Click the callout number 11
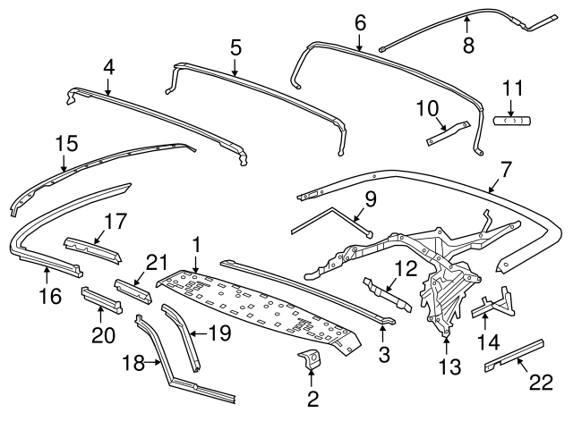click(x=511, y=88)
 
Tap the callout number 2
click(x=312, y=399)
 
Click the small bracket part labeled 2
click(x=311, y=361)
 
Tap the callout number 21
click(x=157, y=262)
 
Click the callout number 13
click(x=446, y=366)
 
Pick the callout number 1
click(x=195, y=244)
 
